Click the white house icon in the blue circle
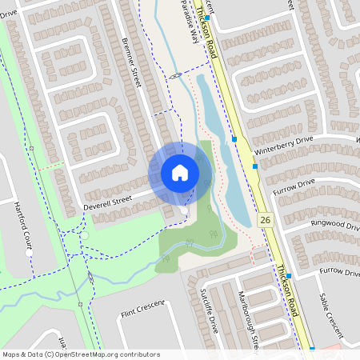[180, 173]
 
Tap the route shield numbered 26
[264, 218]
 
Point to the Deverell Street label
[107, 203]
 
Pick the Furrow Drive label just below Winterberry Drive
[294, 186]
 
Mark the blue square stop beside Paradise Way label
[206, 17]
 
